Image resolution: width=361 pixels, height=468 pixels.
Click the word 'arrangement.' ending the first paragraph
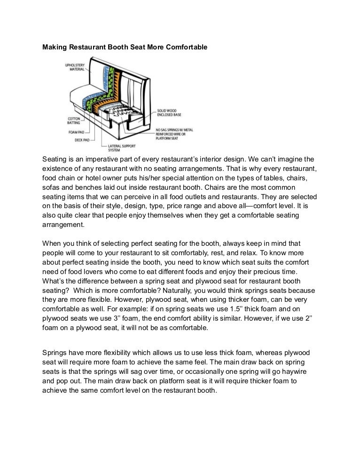coord(63,225)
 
